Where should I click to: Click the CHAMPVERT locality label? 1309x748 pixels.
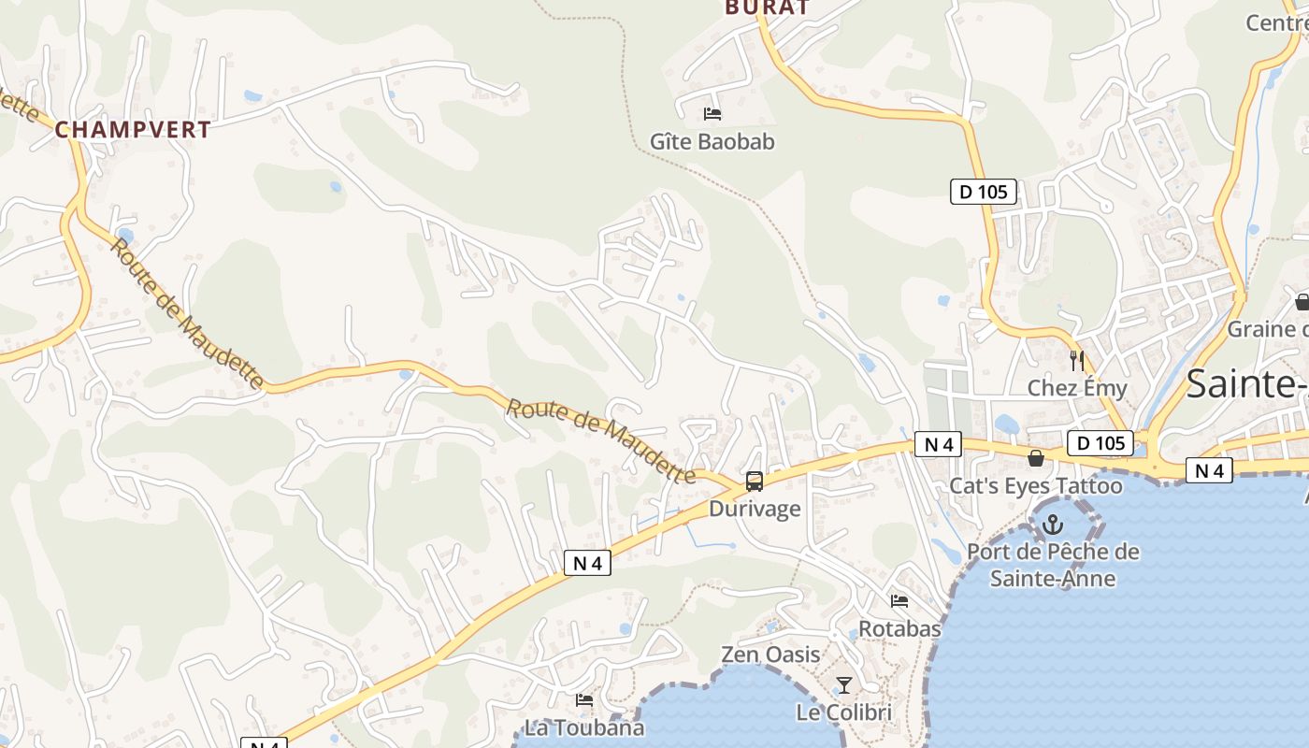click(x=133, y=130)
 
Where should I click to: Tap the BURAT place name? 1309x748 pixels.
click(x=767, y=7)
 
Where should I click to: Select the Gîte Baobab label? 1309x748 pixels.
click(x=712, y=142)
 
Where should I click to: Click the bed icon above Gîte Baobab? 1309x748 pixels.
click(x=712, y=114)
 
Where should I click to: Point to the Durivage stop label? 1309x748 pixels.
click(x=755, y=509)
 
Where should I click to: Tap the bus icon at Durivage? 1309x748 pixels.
click(x=755, y=482)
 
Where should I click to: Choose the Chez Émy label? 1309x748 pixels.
click(x=1077, y=387)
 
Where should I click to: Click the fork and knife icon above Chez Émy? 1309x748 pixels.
click(x=1077, y=360)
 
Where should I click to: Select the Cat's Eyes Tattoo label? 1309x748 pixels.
click(x=1036, y=486)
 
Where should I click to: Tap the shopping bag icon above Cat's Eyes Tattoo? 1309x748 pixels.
click(x=1036, y=458)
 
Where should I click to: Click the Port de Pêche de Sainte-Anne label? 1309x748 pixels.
click(x=1053, y=565)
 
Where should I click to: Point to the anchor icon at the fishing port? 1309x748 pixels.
click(x=1053, y=525)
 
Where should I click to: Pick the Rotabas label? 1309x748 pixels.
click(x=899, y=628)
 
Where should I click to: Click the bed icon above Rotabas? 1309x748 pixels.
click(x=899, y=600)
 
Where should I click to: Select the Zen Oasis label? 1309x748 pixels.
click(x=770, y=654)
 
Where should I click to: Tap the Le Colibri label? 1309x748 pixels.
click(x=843, y=712)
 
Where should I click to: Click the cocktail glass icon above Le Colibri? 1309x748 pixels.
click(x=843, y=685)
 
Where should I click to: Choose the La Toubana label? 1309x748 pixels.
click(x=584, y=727)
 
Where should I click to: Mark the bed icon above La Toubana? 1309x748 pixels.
click(x=584, y=699)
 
